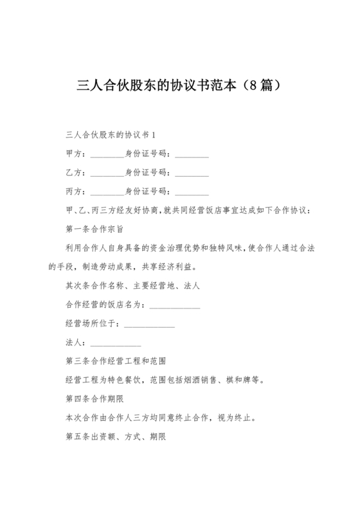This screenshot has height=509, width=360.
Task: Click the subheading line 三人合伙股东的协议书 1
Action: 111,136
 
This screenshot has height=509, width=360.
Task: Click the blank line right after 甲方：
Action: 107,156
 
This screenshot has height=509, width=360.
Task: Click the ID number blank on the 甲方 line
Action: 192,156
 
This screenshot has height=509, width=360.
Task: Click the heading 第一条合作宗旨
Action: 94,229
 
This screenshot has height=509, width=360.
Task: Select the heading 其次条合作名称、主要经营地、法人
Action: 132,285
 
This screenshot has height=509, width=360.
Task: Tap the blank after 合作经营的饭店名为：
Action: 174,306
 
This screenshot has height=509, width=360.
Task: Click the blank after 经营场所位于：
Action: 148,325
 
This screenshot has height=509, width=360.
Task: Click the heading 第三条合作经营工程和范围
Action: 116,361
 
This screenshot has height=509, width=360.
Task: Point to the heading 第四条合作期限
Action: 94,398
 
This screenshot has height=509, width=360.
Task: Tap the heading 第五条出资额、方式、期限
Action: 116,436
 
